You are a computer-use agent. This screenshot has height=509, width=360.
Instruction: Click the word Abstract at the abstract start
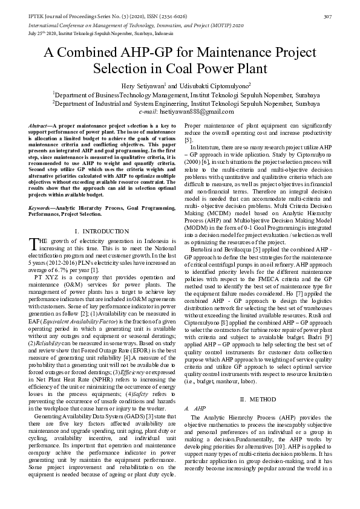(39, 124)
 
